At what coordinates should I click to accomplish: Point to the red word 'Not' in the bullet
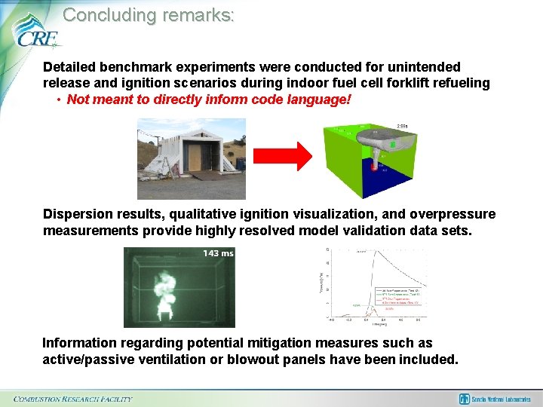[78, 99]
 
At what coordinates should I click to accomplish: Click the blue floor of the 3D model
[392, 185]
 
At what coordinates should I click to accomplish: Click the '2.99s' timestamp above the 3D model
[402, 126]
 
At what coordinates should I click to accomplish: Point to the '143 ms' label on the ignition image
[218, 253]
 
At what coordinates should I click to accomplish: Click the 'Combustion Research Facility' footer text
[73, 398]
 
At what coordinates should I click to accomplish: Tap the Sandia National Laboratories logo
[496, 399]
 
